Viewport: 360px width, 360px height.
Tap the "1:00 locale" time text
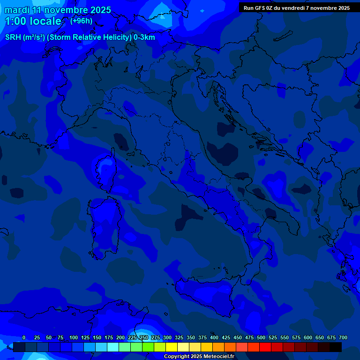[x=33, y=21]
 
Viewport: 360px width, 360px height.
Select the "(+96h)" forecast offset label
[x=81, y=21]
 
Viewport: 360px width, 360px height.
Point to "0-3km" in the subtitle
[x=144, y=37]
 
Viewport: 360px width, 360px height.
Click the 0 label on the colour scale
[x=24, y=337]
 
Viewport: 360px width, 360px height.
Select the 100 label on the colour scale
[x=74, y=337]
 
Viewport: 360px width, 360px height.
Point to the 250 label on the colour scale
[x=144, y=337]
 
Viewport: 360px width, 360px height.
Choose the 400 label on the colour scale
[x=214, y=337]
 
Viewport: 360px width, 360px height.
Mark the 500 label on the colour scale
[x=261, y=337]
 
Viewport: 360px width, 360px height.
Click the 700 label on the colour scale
[x=343, y=337]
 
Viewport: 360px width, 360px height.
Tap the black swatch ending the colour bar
[x=336, y=347]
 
